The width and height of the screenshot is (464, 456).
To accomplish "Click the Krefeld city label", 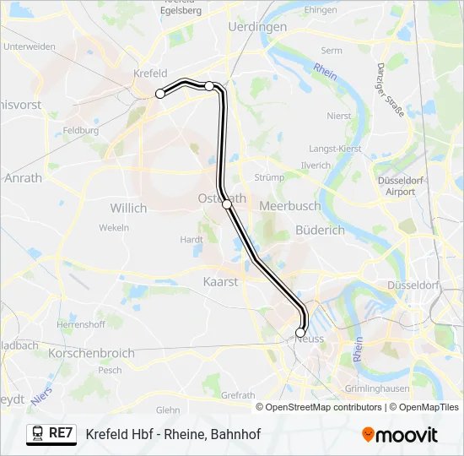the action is [x=149, y=73].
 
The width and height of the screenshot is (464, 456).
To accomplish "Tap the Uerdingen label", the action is [x=257, y=27].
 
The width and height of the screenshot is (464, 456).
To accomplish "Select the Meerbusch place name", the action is [x=289, y=205].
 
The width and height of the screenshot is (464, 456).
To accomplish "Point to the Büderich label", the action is [x=320, y=230].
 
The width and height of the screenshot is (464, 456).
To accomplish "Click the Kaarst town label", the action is [x=221, y=281].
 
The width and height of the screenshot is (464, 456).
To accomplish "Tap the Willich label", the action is [x=128, y=207].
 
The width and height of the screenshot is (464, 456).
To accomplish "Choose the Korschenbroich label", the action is [x=92, y=352].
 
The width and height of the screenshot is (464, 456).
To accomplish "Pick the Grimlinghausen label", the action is [x=377, y=388].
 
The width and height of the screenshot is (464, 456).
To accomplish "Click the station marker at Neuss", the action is [x=300, y=333].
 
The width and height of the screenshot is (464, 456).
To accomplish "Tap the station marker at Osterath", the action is [x=226, y=204].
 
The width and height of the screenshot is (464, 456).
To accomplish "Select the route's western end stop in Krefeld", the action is [x=159, y=94].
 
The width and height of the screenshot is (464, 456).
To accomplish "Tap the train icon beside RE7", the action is [x=38, y=434].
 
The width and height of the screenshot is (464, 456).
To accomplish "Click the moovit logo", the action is [x=400, y=435].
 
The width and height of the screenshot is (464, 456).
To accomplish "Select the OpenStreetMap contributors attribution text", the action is [x=319, y=407].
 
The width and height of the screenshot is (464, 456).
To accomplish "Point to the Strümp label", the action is [x=269, y=177].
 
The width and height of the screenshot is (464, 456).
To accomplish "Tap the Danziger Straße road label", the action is [x=391, y=89].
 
